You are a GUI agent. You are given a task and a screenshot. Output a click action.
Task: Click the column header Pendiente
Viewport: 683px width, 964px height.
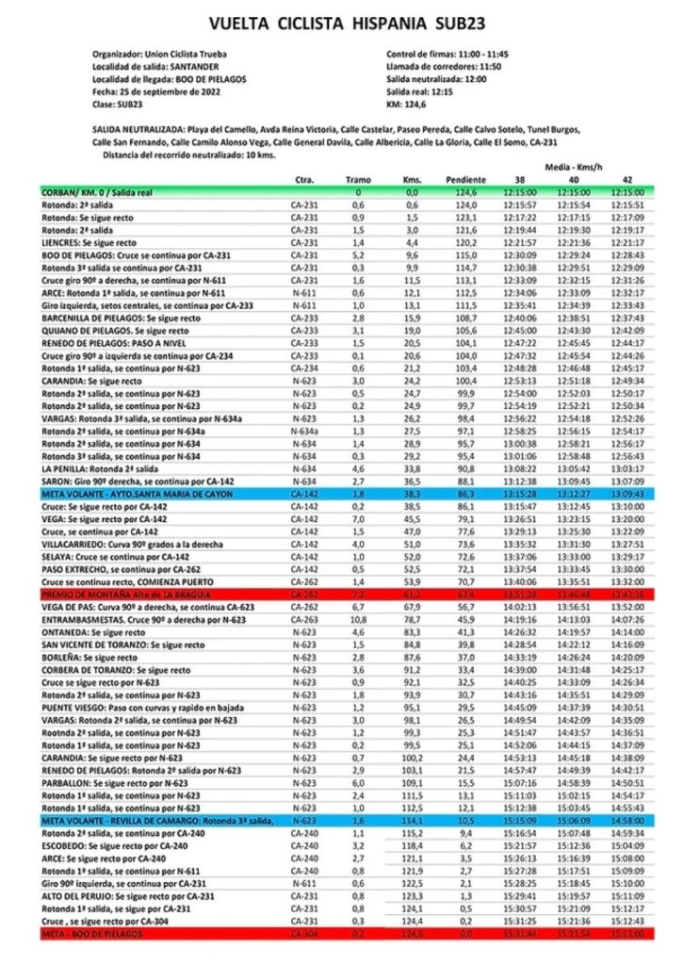(x=466, y=179)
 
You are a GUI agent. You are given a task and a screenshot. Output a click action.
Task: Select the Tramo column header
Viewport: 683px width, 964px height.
(x=358, y=179)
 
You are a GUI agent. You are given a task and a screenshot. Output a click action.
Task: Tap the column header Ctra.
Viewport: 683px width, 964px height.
(x=303, y=179)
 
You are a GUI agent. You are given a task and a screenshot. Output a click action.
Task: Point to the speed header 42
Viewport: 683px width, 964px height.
(x=626, y=179)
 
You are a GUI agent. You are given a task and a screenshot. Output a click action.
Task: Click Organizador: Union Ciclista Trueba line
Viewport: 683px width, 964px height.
(x=160, y=54)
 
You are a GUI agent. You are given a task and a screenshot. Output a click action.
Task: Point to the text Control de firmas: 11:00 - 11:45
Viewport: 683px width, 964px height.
(x=447, y=54)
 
